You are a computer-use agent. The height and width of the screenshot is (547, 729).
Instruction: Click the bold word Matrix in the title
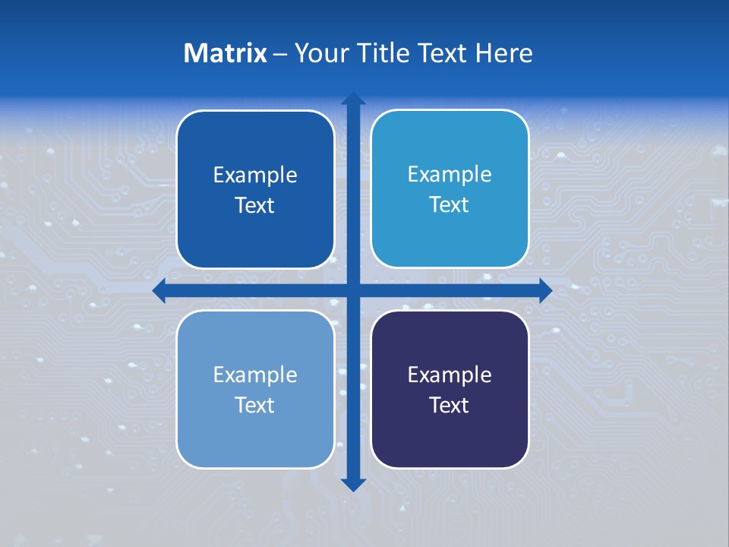225,53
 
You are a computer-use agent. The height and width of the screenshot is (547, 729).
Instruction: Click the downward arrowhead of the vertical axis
353,485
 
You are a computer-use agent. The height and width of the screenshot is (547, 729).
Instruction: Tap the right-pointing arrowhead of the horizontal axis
544,290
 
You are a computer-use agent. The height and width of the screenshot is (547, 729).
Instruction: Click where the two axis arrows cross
353,290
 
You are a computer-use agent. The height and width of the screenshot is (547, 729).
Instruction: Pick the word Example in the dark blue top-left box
255,175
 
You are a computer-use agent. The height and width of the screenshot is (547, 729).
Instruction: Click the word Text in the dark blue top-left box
255,205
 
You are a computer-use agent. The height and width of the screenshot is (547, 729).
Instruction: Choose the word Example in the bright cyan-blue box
450,174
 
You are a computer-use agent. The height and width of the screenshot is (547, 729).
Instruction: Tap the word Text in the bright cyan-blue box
450,204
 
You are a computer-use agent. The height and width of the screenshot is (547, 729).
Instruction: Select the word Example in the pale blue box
255,375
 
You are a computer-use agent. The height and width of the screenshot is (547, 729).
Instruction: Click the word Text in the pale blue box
255,405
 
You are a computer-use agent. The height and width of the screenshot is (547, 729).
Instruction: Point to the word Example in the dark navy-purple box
450,375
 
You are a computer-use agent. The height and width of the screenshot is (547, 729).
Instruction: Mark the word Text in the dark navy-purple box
450,405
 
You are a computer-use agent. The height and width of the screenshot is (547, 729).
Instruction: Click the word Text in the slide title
443,53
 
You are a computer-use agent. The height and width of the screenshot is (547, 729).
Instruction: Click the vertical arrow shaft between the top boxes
353,190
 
